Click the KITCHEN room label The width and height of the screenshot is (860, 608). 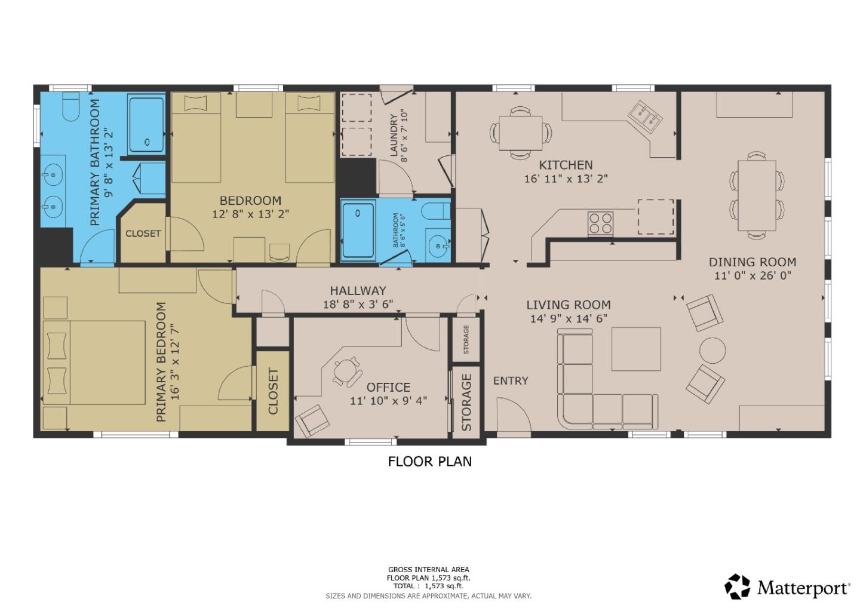[566, 165]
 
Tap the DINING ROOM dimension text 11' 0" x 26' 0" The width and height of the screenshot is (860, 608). [752, 276]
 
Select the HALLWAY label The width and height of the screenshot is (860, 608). [358, 291]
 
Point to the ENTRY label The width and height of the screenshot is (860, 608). [511, 380]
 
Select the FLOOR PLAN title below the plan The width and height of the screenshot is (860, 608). [429, 461]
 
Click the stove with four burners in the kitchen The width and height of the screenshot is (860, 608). [600, 223]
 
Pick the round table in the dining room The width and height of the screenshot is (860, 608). [712, 350]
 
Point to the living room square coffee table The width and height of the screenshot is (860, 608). [635, 349]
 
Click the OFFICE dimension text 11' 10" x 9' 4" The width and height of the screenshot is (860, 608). [388, 401]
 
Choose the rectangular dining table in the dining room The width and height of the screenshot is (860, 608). [757, 195]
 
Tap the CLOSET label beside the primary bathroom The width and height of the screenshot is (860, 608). [143, 234]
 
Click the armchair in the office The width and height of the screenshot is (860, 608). [312, 420]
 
